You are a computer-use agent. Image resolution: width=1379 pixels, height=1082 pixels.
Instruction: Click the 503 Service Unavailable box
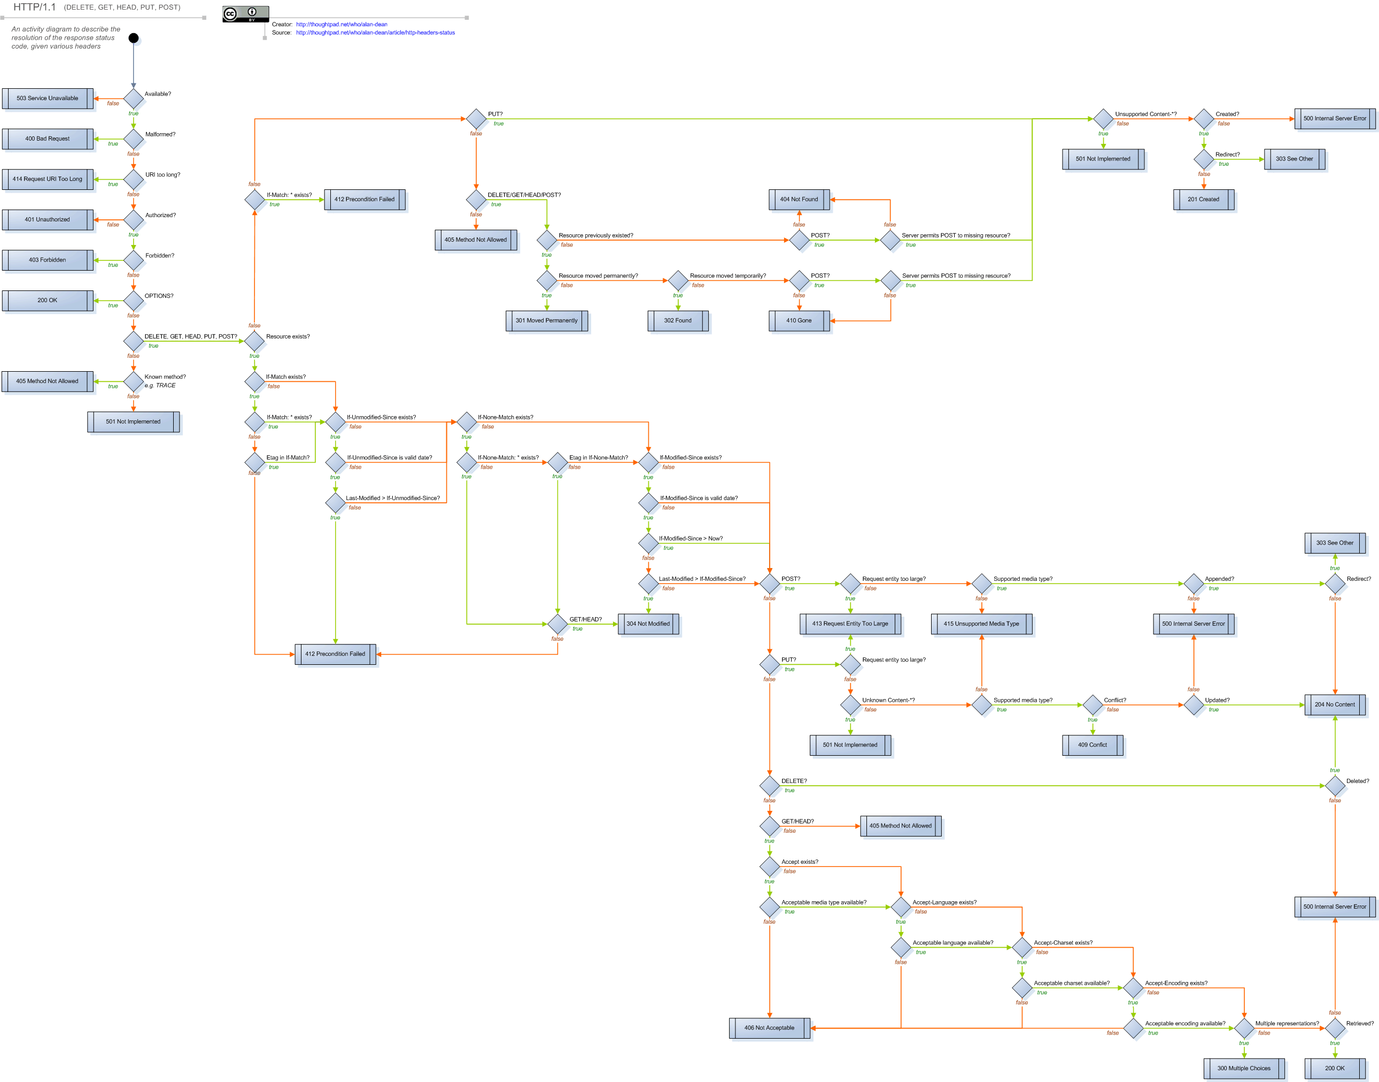click(48, 98)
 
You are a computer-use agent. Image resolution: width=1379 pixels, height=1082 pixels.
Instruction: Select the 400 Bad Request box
click(48, 139)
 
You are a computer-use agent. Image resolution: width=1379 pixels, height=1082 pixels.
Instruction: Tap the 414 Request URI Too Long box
click(48, 179)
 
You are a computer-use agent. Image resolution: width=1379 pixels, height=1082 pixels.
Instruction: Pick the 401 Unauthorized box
click(48, 220)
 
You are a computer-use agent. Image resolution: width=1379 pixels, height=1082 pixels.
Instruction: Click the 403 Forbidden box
click(48, 260)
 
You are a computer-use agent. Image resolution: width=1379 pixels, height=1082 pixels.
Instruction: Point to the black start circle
click(134, 38)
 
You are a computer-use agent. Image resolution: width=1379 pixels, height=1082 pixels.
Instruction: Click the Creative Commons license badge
click(246, 14)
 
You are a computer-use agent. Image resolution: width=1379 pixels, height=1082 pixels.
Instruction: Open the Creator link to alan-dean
click(342, 25)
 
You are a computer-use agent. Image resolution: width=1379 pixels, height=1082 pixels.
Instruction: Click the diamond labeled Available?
click(134, 98)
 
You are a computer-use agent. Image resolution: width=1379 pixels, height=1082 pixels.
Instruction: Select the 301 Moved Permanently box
click(546, 320)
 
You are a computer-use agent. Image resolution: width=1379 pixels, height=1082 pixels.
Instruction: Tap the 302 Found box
click(677, 320)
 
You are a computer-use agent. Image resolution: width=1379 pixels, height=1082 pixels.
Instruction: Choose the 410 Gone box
click(799, 320)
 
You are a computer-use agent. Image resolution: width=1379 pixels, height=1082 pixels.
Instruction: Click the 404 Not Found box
click(799, 199)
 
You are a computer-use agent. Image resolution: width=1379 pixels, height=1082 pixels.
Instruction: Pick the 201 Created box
click(1203, 199)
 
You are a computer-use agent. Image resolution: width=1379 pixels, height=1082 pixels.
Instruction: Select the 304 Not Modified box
click(648, 624)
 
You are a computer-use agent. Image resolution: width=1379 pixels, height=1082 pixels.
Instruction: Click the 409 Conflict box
click(1092, 745)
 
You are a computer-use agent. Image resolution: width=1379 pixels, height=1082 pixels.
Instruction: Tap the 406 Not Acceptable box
click(769, 1028)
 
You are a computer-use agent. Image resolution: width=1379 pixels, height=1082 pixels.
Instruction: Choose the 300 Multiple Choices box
click(1244, 1068)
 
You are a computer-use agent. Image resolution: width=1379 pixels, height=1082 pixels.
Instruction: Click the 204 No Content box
click(1335, 704)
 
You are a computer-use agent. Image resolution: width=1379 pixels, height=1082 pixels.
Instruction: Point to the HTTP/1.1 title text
click(35, 7)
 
